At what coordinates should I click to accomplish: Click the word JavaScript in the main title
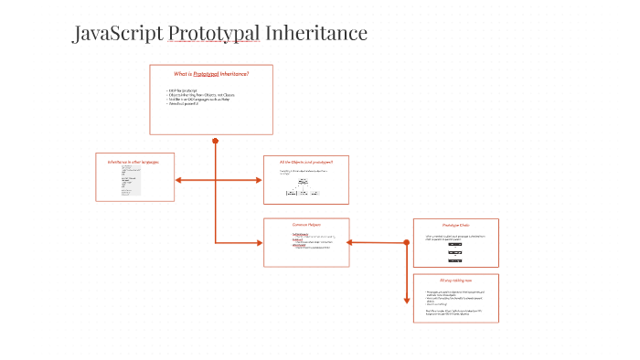[x=118, y=35]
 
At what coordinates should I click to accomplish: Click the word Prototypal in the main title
[x=216, y=35]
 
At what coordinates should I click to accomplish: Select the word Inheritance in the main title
[x=316, y=35]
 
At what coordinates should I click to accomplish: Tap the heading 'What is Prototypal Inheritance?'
[x=211, y=73]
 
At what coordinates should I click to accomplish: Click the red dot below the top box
[x=215, y=142]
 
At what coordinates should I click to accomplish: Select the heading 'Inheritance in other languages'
[x=133, y=162]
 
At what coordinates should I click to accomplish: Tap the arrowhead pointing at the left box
[x=178, y=180]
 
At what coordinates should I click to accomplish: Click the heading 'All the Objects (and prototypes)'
[x=306, y=162]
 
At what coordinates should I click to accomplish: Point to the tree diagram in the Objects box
[x=303, y=187]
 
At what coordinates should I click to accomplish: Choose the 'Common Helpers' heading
[x=306, y=224]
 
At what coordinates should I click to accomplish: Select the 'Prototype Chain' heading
[x=454, y=225]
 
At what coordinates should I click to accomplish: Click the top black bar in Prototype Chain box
[x=455, y=245]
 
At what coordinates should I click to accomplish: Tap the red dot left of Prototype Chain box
[x=406, y=242]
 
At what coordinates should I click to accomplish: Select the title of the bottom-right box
[x=455, y=280]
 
